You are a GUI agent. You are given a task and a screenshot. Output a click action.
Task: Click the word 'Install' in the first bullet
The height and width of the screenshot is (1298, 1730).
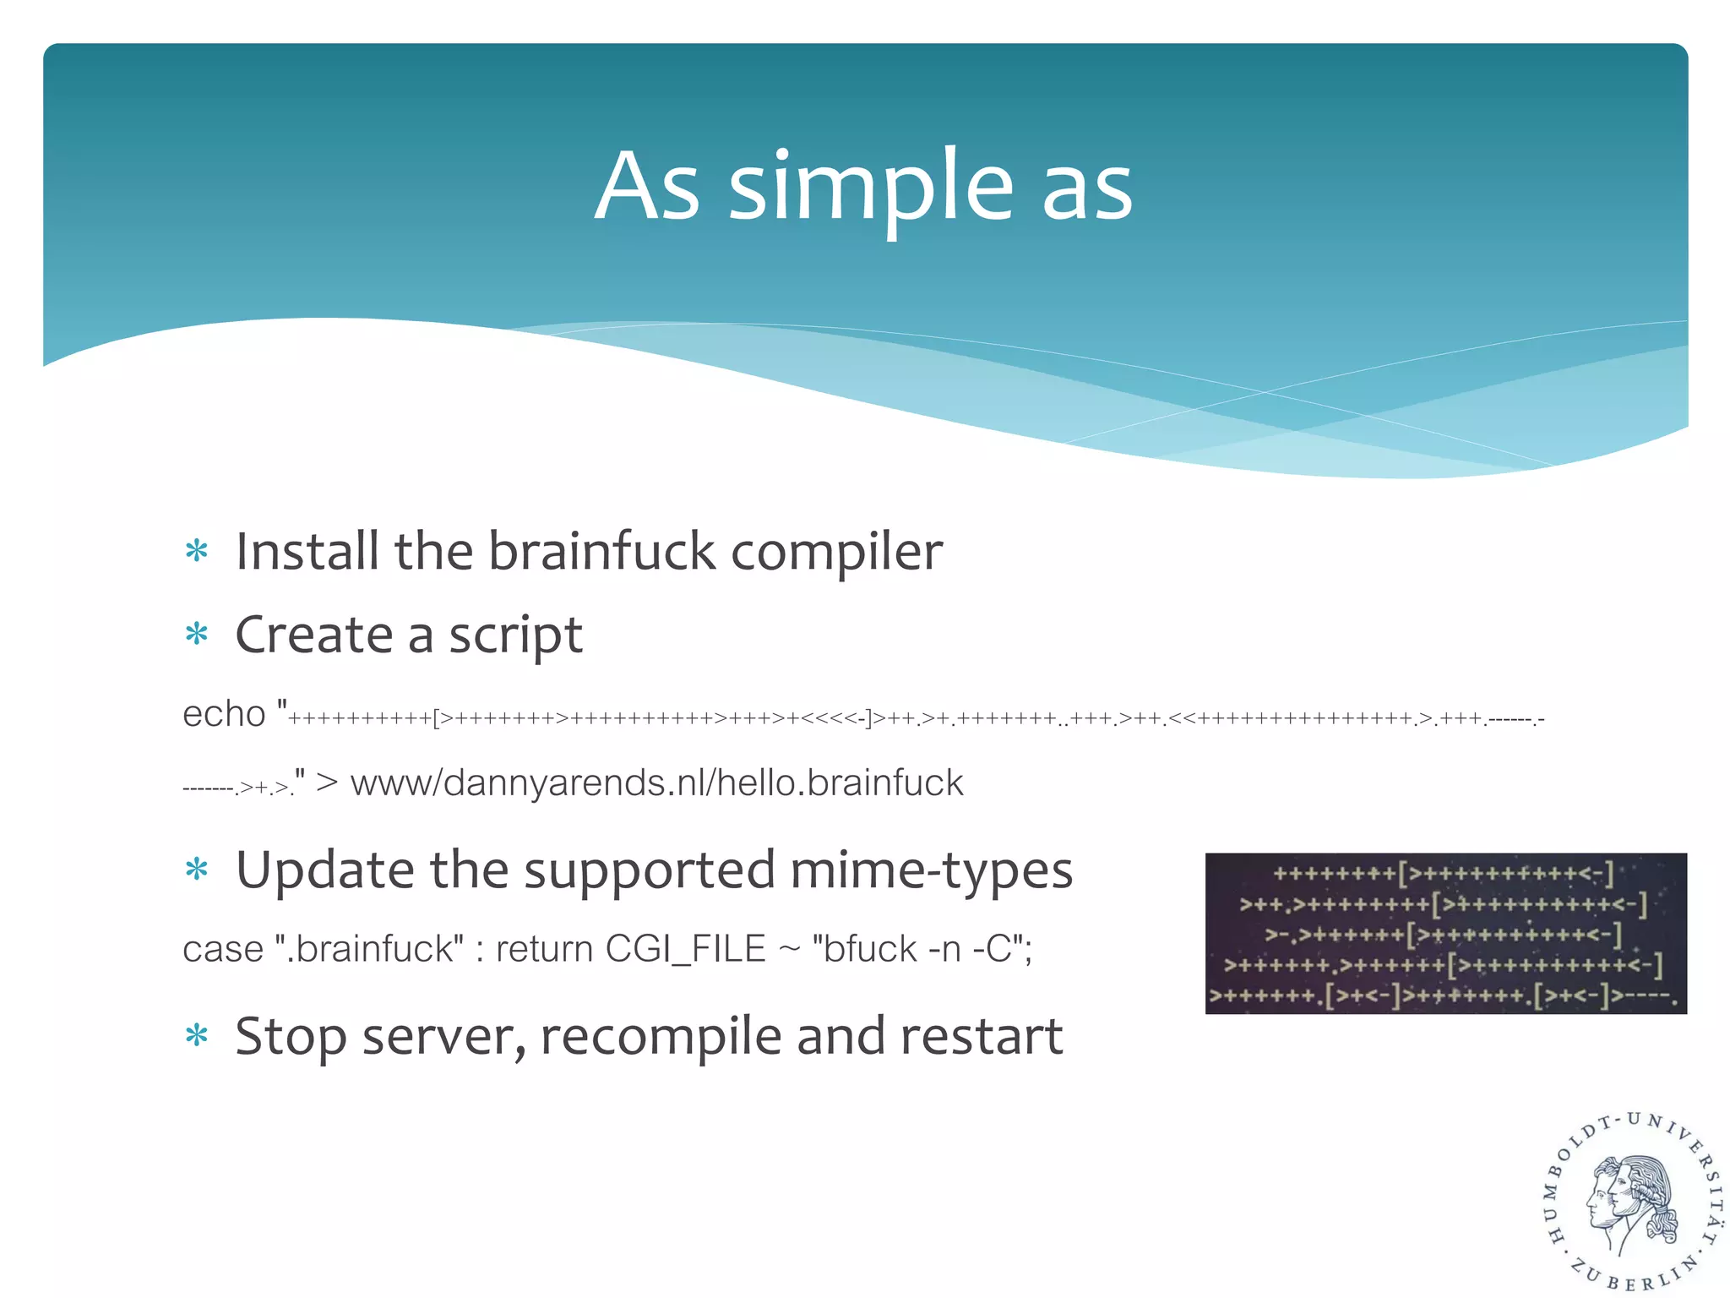pos(307,551)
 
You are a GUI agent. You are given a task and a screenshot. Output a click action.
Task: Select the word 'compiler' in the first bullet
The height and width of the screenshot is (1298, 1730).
pos(836,553)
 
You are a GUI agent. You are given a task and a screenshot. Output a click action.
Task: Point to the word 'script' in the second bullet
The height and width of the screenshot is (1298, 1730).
pos(515,635)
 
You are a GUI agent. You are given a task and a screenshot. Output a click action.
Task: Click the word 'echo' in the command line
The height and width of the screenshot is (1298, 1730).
pos(224,715)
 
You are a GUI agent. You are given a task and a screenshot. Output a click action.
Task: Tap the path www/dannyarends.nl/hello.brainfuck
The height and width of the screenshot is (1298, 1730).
pos(656,783)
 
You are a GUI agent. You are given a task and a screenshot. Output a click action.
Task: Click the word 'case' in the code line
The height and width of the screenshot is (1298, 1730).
pos(223,949)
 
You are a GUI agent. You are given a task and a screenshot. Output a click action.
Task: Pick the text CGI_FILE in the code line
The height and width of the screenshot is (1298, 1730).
pos(685,949)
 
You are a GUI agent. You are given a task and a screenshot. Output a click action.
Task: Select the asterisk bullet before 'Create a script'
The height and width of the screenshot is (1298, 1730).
pos(197,634)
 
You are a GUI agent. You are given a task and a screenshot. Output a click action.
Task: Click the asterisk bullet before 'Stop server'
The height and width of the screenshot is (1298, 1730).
pos(197,1035)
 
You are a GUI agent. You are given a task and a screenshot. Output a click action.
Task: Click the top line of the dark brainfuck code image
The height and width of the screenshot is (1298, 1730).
pos(1444,874)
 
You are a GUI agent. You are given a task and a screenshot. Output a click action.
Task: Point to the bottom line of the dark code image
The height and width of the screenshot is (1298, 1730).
pos(1444,996)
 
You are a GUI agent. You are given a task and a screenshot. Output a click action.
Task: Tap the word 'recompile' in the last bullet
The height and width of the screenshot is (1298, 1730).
pos(661,1038)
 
